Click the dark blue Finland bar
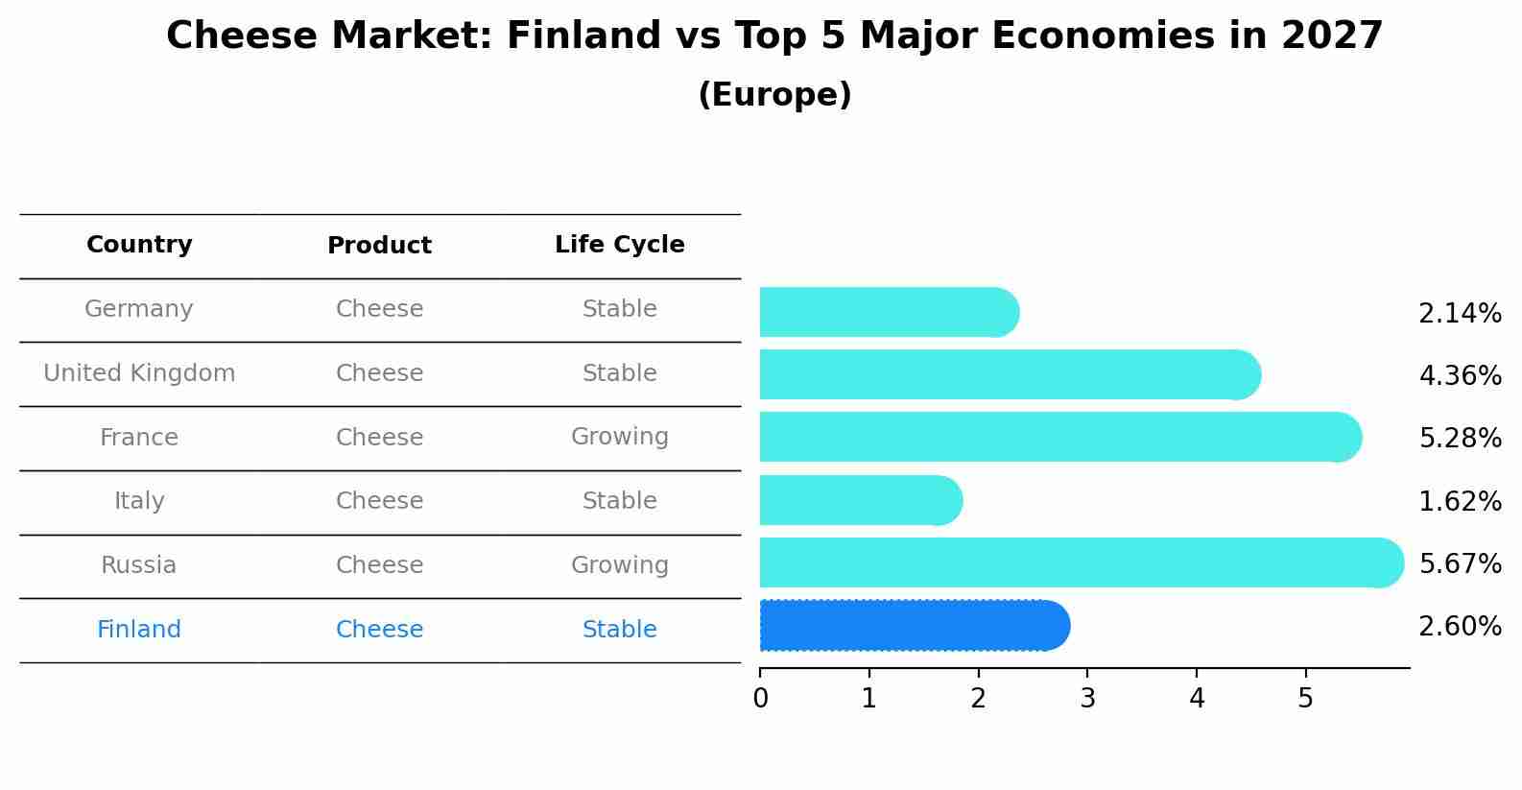click(915, 626)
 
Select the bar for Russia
click(1082, 563)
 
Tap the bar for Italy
click(861, 500)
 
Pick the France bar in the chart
click(1060, 437)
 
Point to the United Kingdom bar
click(1011, 374)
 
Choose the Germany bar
click(890, 312)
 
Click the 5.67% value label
click(1461, 563)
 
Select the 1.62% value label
click(1461, 501)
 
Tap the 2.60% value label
click(1461, 626)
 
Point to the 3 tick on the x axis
click(1088, 698)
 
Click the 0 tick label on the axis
click(760, 698)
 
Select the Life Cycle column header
click(620, 245)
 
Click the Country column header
click(139, 244)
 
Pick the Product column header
click(379, 245)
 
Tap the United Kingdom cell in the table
click(139, 372)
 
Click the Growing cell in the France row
click(620, 437)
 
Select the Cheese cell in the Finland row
click(379, 629)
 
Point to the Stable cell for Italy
click(620, 500)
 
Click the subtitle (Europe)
click(774, 94)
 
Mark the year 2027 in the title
click(1332, 36)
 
